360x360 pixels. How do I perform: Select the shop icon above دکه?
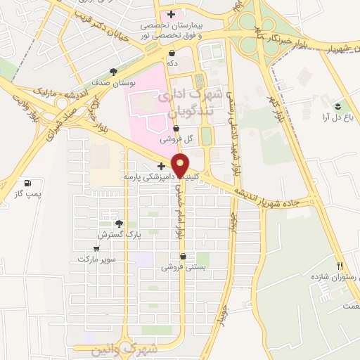click(x=172, y=53)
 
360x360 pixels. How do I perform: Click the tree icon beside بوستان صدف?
click(x=114, y=71)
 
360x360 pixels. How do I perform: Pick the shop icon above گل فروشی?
click(x=175, y=129)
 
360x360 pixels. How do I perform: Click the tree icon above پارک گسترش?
click(x=119, y=224)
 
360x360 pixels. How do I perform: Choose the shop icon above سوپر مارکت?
click(x=96, y=248)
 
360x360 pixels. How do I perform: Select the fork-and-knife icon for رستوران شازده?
click(x=340, y=266)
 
